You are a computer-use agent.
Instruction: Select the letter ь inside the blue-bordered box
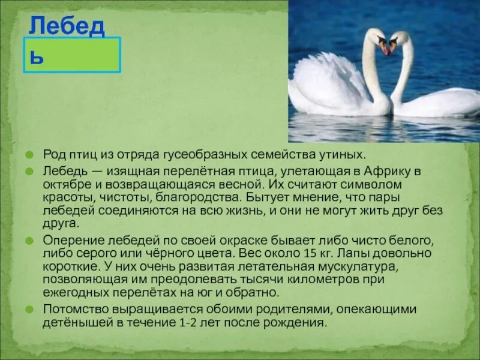coord(37,58)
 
